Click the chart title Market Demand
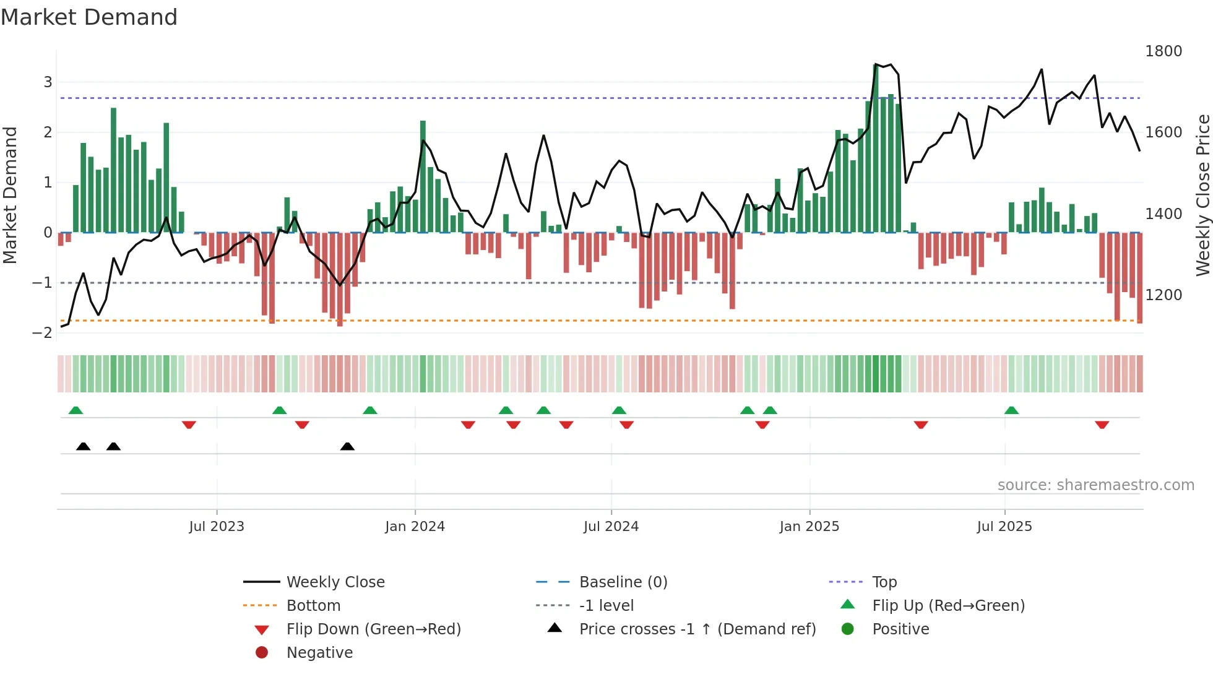[89, 17]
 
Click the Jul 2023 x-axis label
[217, 527]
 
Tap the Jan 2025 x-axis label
[809, 527]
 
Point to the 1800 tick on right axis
[1163, 51]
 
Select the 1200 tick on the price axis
[1163, 295]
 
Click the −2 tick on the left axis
[42, 333]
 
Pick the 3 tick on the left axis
[48, 82]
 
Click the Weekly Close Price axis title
[1202, 195]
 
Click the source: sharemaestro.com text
[1095, 485]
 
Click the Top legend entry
[884, 582]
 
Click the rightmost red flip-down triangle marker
[1102, 425]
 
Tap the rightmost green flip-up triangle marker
[1011, 410]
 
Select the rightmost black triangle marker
[347, 446]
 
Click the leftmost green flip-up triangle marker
[76, 410]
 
